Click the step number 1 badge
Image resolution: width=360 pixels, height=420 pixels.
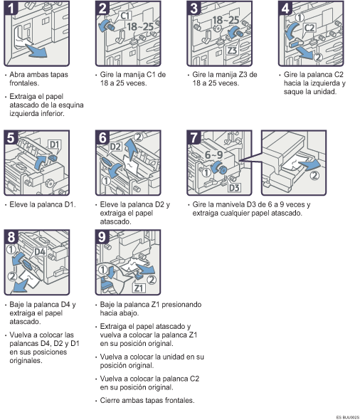coord(13,10)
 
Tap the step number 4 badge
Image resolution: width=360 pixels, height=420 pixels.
coord(285,10)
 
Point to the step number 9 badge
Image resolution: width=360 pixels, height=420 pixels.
coord(103,237)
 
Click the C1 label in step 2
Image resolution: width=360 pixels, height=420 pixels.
coord(126,14)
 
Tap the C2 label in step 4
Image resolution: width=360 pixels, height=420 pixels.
coord(310,29)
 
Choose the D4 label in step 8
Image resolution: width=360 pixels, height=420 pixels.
coord(40,251)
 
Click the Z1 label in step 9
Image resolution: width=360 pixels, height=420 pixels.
coord(139,287)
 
